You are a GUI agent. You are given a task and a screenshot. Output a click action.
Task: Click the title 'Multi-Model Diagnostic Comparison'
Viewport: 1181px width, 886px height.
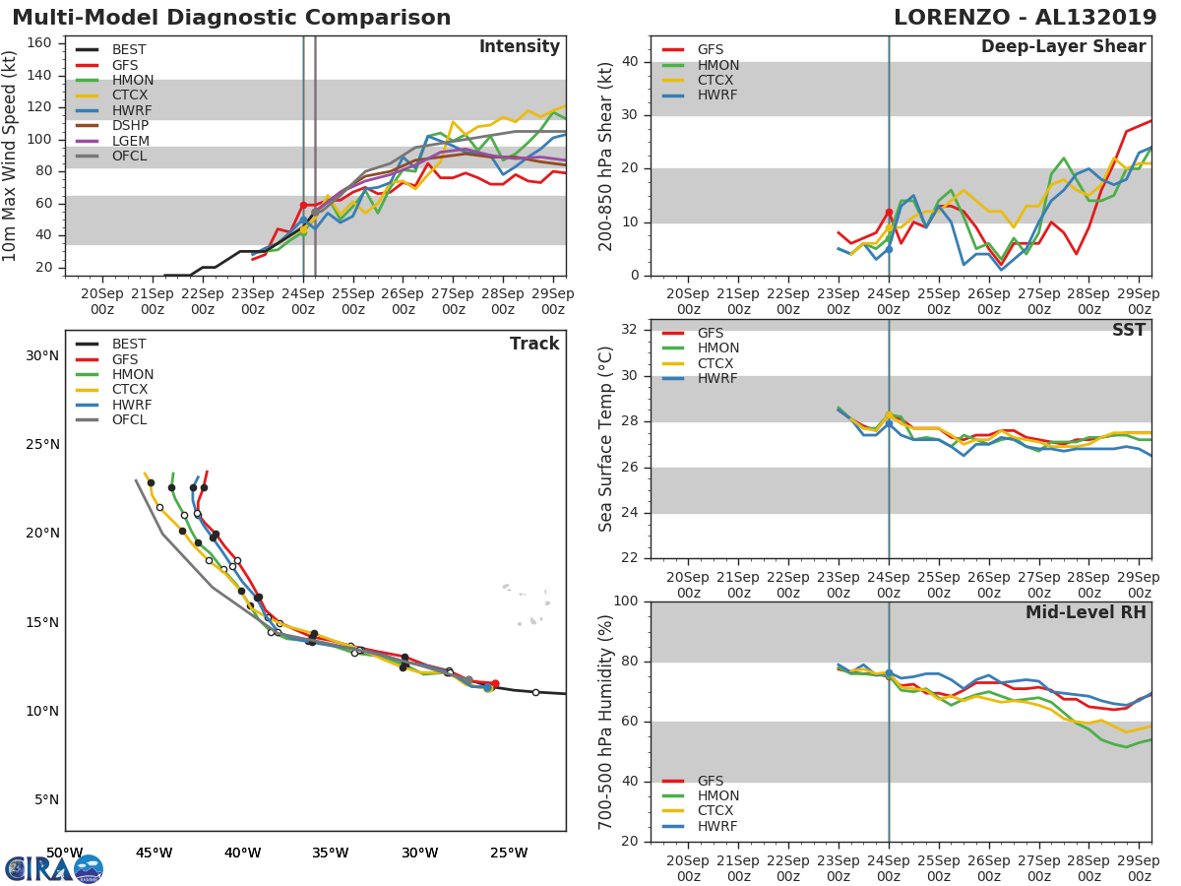click(231, 18)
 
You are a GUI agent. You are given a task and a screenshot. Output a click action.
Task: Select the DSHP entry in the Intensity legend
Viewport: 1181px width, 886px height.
click(130, 125)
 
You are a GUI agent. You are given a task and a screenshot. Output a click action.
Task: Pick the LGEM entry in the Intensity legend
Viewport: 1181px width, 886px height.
click(130, 141)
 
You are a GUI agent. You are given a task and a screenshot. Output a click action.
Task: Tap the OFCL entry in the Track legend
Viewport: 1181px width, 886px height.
click(130, 419)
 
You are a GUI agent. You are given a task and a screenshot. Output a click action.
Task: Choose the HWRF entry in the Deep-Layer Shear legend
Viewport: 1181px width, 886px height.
click(716, 95)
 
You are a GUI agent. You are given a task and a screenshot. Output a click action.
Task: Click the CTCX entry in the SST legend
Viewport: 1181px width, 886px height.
click(717, 363)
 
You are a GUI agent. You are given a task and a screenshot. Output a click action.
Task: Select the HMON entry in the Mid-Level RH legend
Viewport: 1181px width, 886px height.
click(717, 795)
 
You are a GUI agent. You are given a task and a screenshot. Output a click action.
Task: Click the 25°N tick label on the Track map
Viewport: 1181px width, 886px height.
click(41, 445)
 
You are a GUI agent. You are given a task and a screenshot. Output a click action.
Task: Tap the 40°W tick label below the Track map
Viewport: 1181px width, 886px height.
click(242, 853)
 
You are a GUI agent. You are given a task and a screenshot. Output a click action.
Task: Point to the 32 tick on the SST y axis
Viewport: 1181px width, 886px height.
click(630, 330)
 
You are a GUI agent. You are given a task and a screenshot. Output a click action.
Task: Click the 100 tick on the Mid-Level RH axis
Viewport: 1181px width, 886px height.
click(626, 601)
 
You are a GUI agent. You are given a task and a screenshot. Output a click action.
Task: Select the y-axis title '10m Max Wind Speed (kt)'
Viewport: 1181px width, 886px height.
click(11, 157)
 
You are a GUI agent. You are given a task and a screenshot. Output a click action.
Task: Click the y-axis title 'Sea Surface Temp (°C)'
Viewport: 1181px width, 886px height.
click(606, 439)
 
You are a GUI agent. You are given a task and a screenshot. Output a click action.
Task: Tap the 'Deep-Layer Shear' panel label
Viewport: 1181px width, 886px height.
click(1063, 47)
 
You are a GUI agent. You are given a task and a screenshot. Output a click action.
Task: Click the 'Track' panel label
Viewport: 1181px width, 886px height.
click(534, 344)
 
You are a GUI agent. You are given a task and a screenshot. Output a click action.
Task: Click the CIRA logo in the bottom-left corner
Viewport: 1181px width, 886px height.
click(53, 868)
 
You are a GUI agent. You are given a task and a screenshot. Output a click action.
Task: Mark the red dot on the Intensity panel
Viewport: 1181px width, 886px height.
click(303, 205)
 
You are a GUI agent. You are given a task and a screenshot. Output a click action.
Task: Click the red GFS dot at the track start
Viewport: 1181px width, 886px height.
click(495, 683)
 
